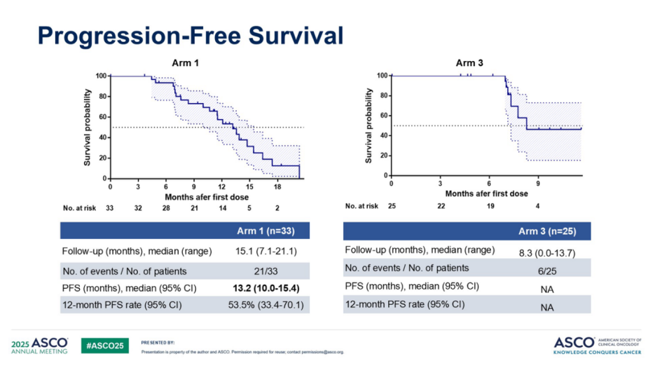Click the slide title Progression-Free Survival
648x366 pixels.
pyautogui.click(x=190, y=35)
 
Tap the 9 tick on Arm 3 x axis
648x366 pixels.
pyautogui.click(x=538, y=183)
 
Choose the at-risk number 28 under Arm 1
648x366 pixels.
pyautogui.click(x=166, y=208)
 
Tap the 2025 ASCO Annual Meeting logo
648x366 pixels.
pyautogui.click(x=40, y=345)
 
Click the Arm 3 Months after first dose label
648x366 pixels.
pyautogui.click(x=486, y=193)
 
